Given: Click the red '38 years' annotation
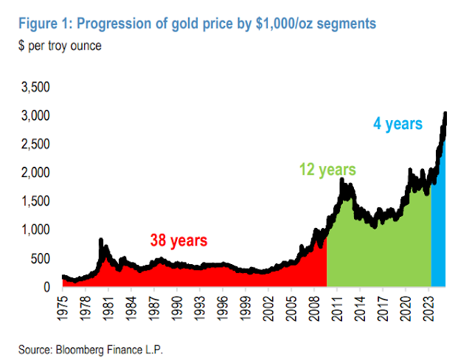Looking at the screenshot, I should [x=178, y=240].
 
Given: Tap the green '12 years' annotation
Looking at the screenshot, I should [x=327, y=170].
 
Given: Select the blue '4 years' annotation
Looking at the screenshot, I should [x=398, y=124].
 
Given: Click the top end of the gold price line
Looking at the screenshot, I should [x=445, y=114].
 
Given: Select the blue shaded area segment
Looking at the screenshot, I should [x=438, y=221].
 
